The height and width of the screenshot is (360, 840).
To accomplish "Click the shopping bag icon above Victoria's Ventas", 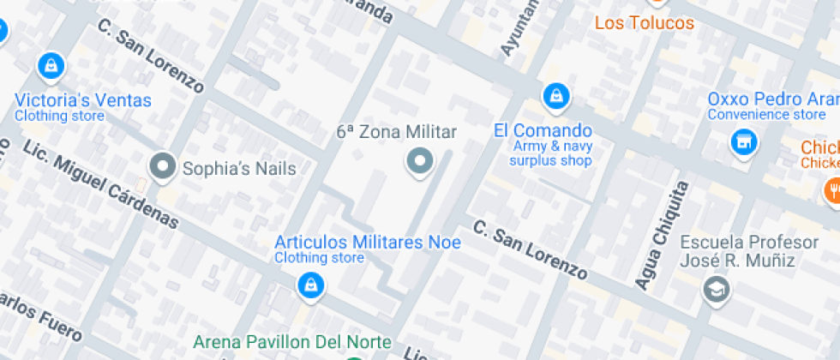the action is click(x=51, y=65).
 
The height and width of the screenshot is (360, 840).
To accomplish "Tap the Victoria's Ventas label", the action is click(x=83, y=100).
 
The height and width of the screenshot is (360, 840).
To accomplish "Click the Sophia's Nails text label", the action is click(x=239, y=168).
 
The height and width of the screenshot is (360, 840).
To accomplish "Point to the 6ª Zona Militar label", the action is click(x=396, y=132).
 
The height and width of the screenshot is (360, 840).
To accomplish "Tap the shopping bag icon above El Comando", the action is click(x=556, y=96).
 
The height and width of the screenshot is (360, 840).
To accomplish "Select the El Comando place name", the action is click(x=543, y=130).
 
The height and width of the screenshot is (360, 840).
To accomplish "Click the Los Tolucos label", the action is click(x=644, y=23).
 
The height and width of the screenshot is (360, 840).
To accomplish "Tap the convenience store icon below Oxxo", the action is click(x=744, y=142).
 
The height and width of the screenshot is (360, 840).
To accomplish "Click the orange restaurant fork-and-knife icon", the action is click(x=831, y=189).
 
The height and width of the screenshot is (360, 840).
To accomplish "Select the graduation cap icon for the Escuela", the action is click(x=713, y=289).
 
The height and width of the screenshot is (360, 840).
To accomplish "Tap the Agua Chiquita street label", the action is click(x=660, y=234).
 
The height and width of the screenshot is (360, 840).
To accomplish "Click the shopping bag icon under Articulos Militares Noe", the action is click(x=309, y=286).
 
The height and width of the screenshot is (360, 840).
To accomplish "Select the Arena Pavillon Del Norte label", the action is click(x=292, y=341).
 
